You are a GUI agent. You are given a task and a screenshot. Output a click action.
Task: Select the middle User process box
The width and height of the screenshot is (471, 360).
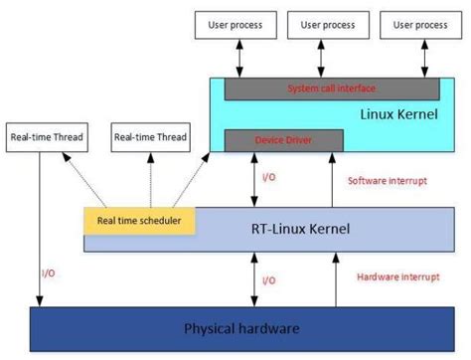329,23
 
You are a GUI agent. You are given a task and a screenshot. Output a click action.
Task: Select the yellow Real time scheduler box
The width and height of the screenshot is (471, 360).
139,221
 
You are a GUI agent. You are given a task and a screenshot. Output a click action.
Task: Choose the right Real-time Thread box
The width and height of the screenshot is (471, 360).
146,137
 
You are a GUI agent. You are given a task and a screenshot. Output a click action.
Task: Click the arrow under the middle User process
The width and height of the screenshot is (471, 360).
329,60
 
